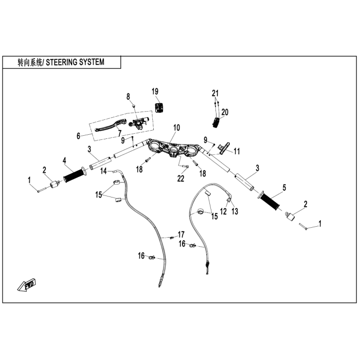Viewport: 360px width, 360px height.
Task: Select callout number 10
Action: pyautogui.click(x=176, y=127)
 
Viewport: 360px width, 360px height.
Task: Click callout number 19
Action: pyautogui.click(x=155, y=91)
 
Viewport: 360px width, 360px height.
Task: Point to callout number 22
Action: pyautogui.click(x=181, y=178)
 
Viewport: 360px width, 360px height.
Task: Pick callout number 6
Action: pyautogui.click(x=79, y=136)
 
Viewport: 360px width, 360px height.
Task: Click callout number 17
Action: pyautogui.click(x=181, y=234)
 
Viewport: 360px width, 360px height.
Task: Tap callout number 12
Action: pyautogui.click(x=223, y=211)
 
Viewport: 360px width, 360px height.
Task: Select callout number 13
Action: pyautogui.click(x=235, y=211)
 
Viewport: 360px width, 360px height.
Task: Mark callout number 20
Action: pyautogui.click(x=225, y=112)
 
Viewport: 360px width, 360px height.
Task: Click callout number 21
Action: pyautogui.click(x=215, y=93)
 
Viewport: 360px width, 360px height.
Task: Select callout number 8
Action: pyautogui.click(x=129, y=96)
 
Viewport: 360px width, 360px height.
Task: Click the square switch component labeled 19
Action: pyautogui.click(x=159, y=106)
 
